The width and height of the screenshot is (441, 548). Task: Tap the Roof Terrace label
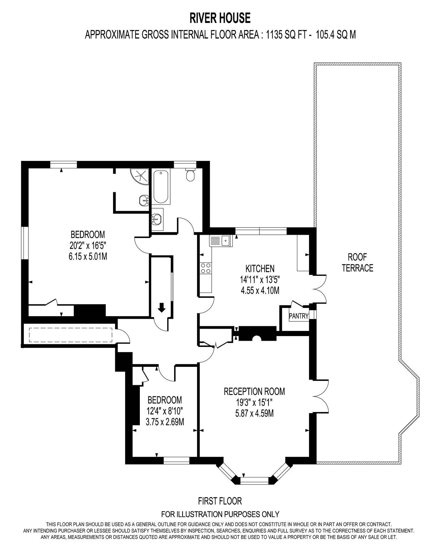(357, 262)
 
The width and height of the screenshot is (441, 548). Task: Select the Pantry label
(299, 316)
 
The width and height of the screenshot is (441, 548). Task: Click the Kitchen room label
(260, 269)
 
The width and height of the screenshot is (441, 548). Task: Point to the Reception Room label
(254, 391)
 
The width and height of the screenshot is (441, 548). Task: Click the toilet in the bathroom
(190, 175)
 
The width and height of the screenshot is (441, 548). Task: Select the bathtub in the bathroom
(161, 187)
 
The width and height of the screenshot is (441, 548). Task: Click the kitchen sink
(220, 241)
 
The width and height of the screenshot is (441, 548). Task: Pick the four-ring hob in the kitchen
(206, 268)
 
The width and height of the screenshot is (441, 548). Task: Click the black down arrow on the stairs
(161, 307)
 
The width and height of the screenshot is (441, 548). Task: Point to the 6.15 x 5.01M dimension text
(88, 256)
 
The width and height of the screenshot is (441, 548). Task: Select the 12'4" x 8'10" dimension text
(165, 411)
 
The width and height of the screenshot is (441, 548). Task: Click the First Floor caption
(220, 501)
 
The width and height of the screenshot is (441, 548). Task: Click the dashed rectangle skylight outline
(71, 334)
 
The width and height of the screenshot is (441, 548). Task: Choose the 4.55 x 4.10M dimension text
(260, 290)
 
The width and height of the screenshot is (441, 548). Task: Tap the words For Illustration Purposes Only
(220, 514)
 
